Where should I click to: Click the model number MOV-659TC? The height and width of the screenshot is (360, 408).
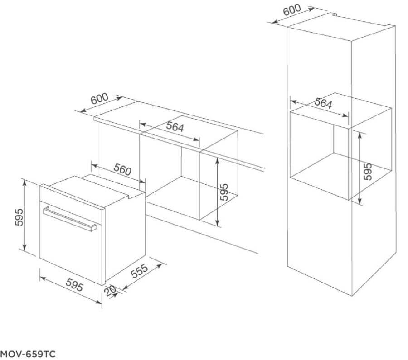pos(28,354)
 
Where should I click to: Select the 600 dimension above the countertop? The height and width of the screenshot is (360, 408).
pos(99,98)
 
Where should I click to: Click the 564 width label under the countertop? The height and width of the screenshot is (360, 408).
pos(175,126)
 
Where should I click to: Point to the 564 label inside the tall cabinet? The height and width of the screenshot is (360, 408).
pos(323,103)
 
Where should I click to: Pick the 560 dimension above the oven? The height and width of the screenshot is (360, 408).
pos(122,170)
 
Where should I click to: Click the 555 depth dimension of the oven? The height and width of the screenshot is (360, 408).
pos(139,271)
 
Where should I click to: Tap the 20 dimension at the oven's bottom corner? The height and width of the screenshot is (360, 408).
pos(110,291)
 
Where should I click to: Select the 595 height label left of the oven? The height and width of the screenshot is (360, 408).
pos(19,217)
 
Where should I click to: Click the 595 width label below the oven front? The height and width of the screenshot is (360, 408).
pos(74,285)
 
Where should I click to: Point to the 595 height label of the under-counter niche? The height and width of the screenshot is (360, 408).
pos(224,192)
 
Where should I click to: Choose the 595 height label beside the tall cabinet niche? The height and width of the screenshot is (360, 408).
pos(368,172)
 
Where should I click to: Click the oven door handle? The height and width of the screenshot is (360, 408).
pos(70,219)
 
